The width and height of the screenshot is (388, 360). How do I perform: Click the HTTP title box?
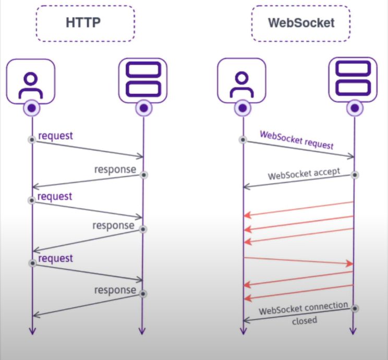(x=85, y=23)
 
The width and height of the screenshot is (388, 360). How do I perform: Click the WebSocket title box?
(x=300, y=23)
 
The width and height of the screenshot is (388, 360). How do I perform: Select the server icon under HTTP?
(x=142, y=80)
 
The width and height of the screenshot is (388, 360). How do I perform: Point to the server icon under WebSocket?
(x=353, y=80)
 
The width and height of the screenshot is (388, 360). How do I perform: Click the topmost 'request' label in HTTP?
(x=56, y=136)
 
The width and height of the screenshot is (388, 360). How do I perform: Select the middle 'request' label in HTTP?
(x=55, y=197)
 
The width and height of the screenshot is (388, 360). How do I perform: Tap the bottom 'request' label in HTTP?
(x=56, y=258)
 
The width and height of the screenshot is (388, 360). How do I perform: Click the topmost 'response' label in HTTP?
(x=115, y=170)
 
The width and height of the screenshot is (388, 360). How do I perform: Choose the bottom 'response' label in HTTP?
(x=115, y=290)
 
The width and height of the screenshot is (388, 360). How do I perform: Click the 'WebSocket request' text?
(x=296, y=140)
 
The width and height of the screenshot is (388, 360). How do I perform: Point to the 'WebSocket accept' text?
(x=304, y=173)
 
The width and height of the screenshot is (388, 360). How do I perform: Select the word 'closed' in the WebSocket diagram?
(x=304, y=320)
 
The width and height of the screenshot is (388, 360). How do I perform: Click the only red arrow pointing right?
(x=298, y=261)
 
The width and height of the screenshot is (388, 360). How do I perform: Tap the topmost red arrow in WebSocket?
(x=298, y=208)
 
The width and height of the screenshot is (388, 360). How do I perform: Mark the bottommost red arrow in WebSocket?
(x=298, y=292)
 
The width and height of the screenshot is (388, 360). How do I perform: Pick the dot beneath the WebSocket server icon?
(x=355, y=108)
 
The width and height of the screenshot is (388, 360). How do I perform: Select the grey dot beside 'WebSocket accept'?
(x=355, y=175)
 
